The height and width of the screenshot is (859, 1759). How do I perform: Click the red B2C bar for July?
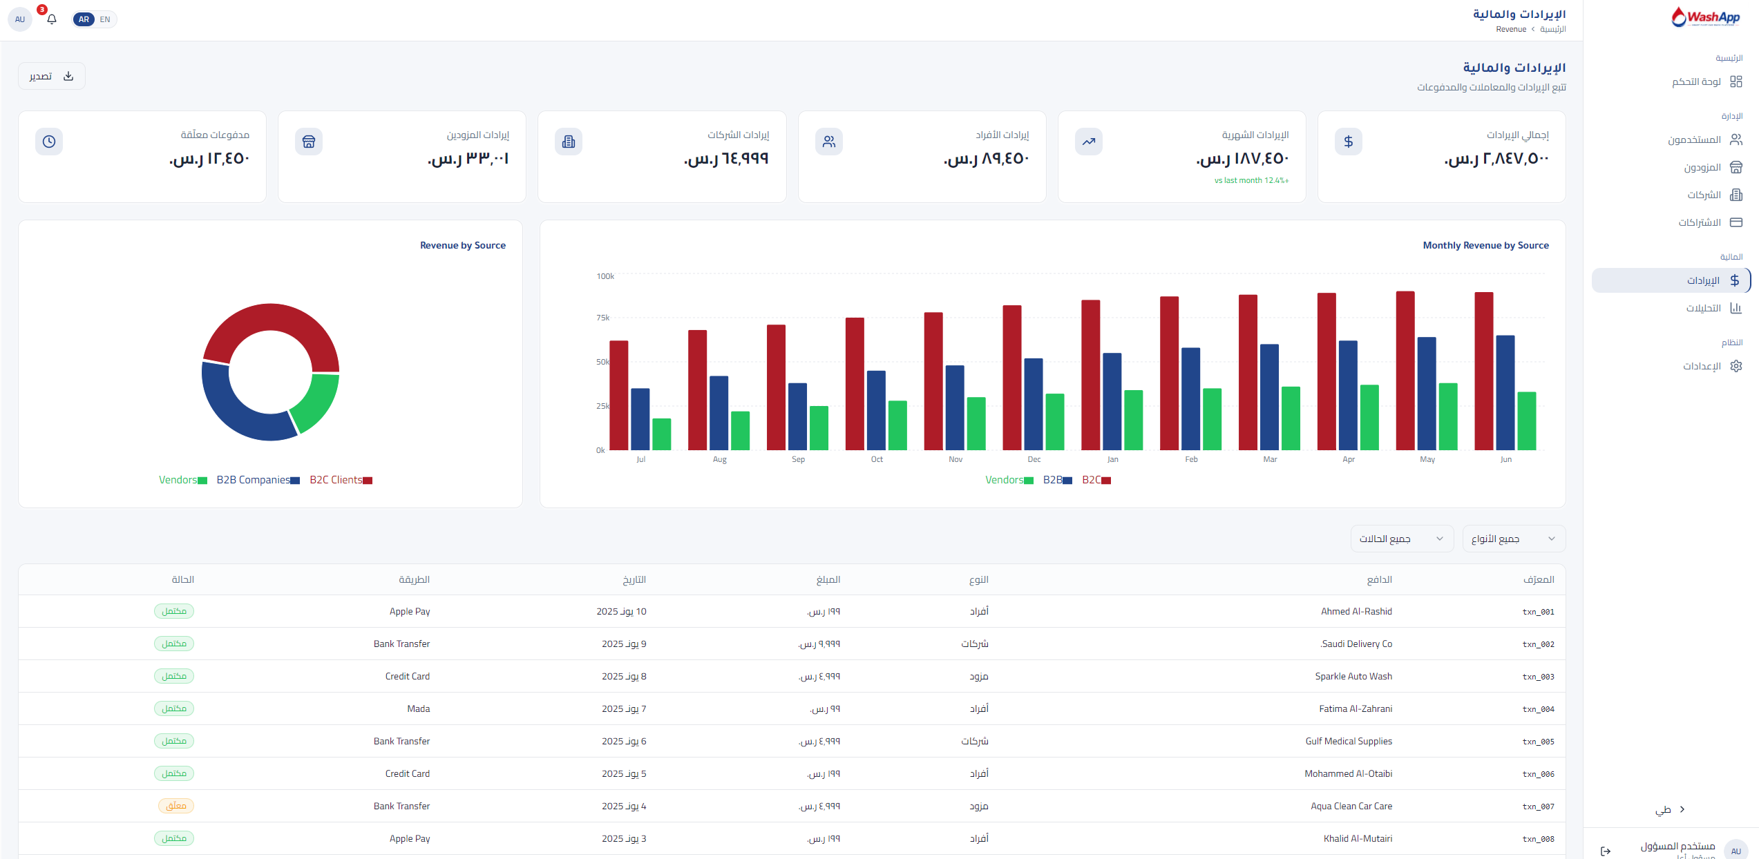(618, 395)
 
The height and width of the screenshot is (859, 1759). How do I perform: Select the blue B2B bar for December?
(1034, 404)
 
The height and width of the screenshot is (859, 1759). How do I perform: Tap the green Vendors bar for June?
(1527, 421)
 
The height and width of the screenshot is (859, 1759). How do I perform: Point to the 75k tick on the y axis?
(603, 318)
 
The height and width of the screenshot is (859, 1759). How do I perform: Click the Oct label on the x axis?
(877, 459)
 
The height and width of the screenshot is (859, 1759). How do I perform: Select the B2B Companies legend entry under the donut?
(258, 480)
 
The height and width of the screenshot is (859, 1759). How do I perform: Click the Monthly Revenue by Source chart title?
(1485, 245)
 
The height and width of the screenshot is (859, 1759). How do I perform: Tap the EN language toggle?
(105, 19)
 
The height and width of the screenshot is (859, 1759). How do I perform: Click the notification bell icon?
(52, 19)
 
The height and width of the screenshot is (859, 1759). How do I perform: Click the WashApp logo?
(1705, 17)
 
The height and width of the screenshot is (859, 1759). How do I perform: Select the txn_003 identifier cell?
(1538, 677)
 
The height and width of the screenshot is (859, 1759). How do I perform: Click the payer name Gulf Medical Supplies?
(1349, 741)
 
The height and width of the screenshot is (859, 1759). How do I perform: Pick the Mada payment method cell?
(419, 708)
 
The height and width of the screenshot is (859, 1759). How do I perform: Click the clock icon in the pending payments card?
(49, 142)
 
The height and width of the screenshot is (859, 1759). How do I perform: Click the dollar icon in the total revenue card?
(1348, 142)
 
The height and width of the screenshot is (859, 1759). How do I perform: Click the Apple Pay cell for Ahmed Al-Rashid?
(410, 612)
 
